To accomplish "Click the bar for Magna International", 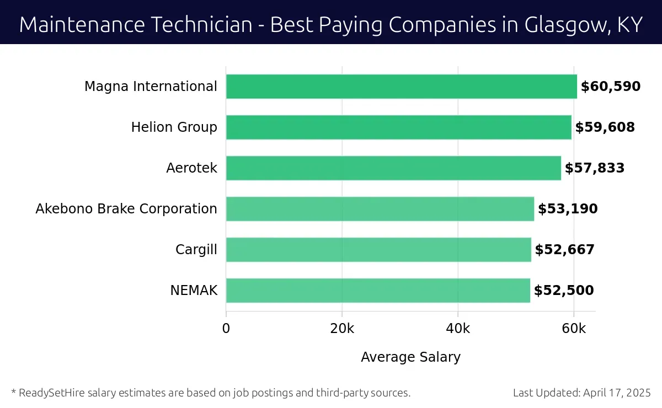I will tap(401, 87).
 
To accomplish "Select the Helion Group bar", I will tap(398, 127).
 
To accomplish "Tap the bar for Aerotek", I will tap(393, 168).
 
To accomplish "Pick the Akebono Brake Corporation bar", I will tap(380, 209).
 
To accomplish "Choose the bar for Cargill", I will tap(378, 250).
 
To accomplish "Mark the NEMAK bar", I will tap(378, 291).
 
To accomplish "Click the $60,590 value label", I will tap(611, 87).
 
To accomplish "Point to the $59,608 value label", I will tap(605, 127).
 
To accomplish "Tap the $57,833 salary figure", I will tap(595, 168).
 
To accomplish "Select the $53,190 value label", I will tap(568, 209).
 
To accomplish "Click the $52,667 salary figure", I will tap(565, 250).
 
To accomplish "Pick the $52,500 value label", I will tap(564, 291).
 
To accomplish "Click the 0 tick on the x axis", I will tap(226, 329).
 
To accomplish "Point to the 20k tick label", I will tap(342, 329).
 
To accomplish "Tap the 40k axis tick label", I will tap(458, 329).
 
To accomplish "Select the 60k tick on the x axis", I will tap(574, 329).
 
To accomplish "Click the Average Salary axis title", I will tap(410, 357).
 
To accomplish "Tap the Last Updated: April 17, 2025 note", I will tap(581, 393).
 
